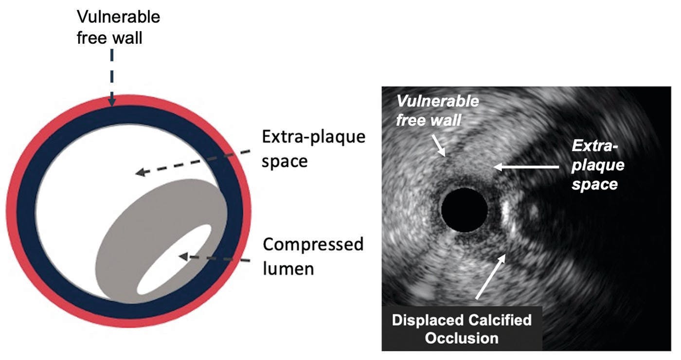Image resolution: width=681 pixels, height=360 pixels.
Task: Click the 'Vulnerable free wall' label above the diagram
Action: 118,27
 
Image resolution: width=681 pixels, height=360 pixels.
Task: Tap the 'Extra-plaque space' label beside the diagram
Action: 313,148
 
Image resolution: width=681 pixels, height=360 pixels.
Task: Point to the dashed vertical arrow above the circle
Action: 112,78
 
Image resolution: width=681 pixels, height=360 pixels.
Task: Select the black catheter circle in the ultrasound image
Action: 464,210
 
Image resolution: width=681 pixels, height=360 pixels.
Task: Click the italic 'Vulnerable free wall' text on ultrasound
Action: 437,110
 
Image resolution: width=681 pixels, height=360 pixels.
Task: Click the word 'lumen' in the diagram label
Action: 288,269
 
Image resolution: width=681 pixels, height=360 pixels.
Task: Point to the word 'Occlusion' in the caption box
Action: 461,338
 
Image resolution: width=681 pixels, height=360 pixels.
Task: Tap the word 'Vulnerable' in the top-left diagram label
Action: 118,17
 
